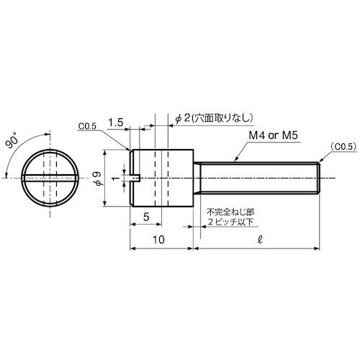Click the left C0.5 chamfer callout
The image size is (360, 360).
88,126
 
